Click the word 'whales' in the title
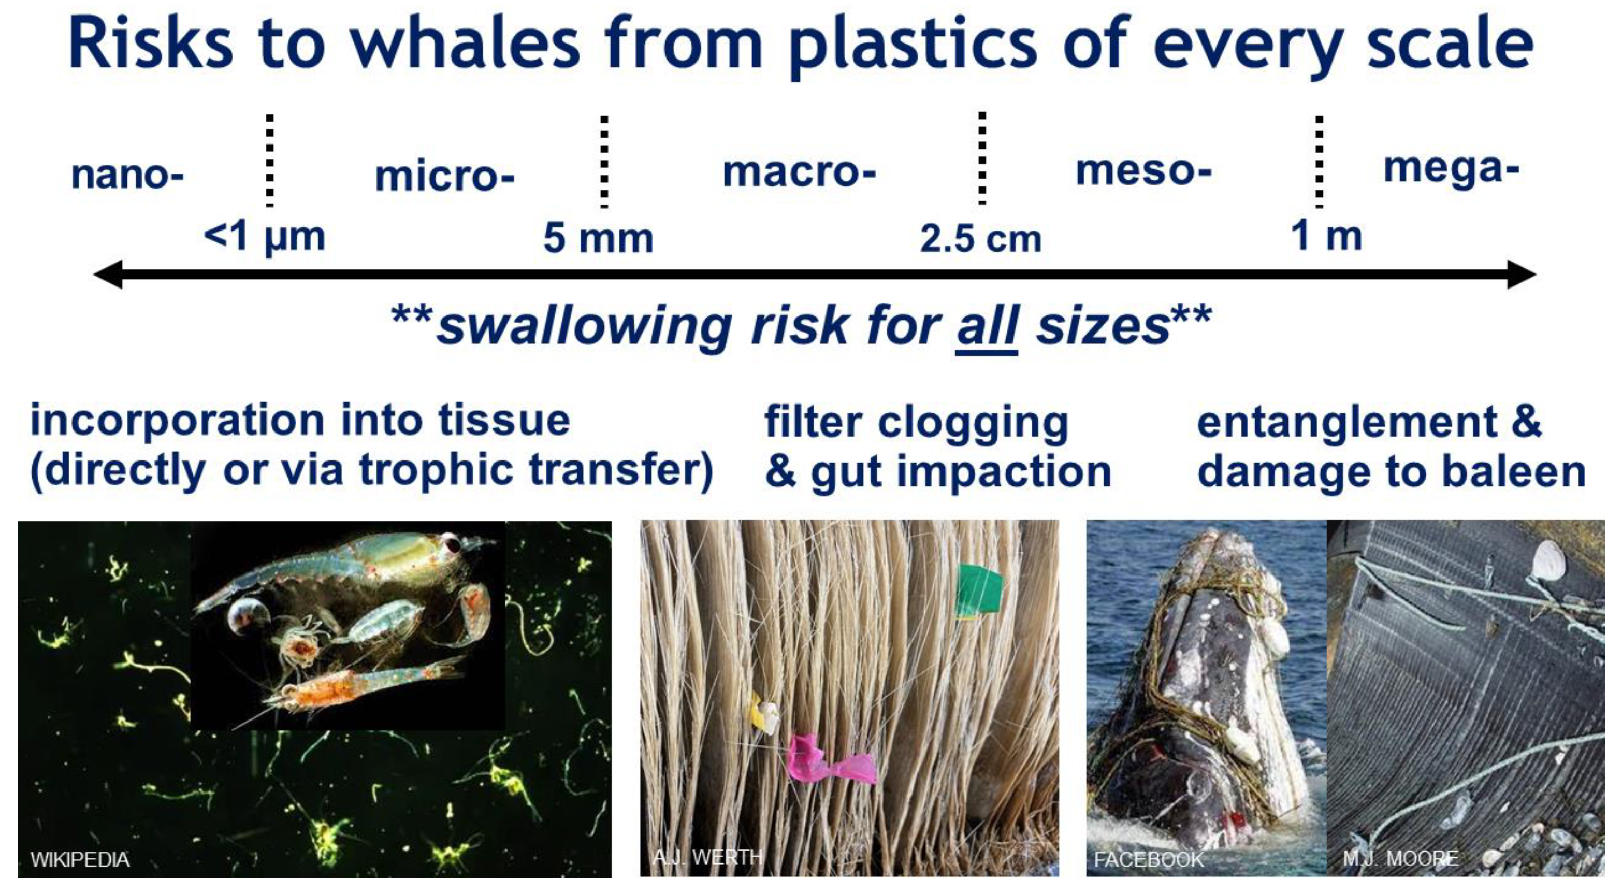click(465, 43)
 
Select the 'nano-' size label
click(127, 175)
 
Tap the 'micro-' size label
click(444, 176)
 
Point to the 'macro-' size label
click(799, 171)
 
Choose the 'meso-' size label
click(1143, 170)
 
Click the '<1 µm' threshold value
click(265, 237)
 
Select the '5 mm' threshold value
click(598, 239)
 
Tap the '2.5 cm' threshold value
click(980, 239)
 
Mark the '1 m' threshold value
click(1326, 236)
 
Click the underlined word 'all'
click(986, 326)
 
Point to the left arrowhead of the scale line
click(108, 275)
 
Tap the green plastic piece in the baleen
click(978, 590)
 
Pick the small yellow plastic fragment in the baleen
click(763, 713)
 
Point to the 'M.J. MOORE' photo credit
click(1400, 858)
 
